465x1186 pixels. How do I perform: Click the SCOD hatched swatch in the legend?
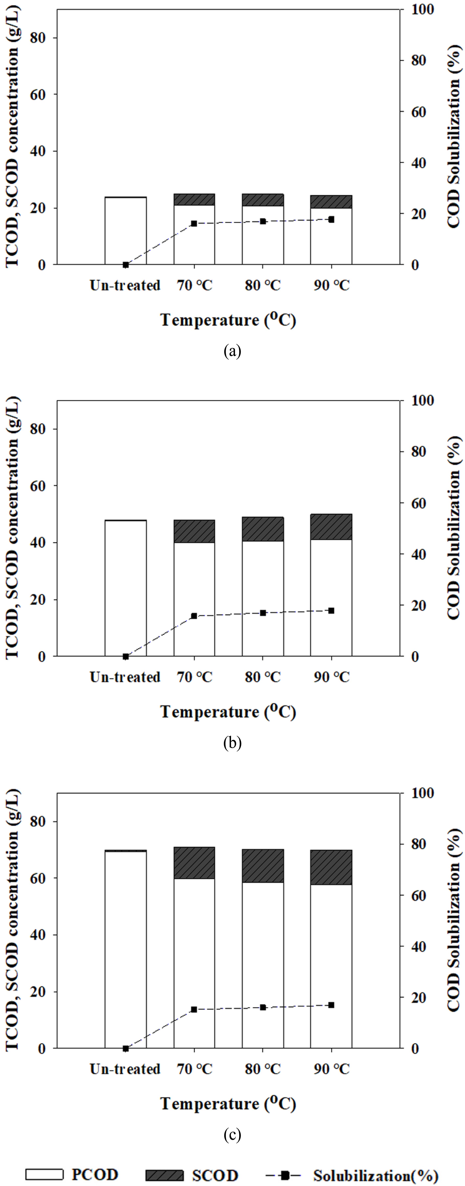(x=164, y=1175)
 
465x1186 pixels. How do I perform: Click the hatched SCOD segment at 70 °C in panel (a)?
(x=194, y=199)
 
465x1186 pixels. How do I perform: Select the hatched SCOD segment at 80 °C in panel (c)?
(x=263, y=866)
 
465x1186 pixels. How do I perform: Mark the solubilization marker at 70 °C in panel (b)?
(x=194, y=616)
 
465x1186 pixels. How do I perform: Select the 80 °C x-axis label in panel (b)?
(x=263, y=677)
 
